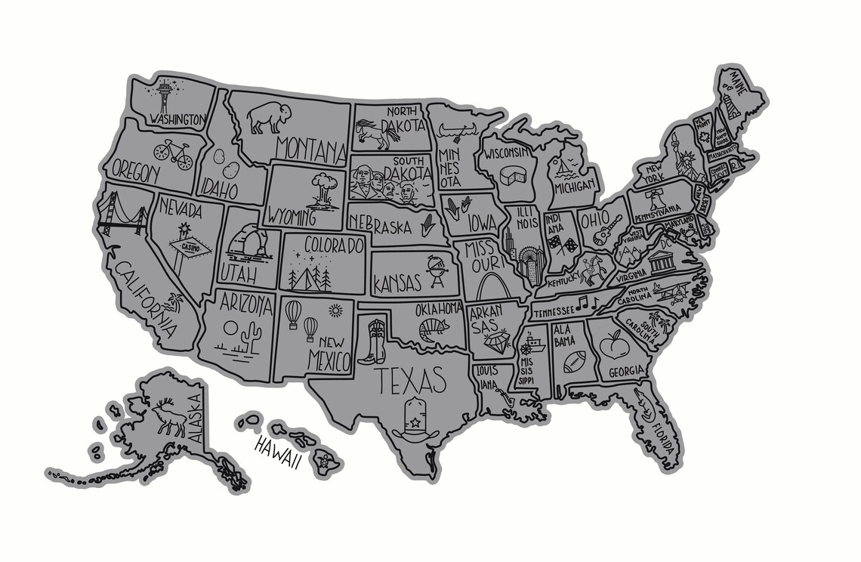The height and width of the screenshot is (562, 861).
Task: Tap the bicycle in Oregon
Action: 172,153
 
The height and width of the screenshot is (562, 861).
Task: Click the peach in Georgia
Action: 614,347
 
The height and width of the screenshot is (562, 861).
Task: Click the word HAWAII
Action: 277,452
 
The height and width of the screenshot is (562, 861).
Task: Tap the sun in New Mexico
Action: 335,310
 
